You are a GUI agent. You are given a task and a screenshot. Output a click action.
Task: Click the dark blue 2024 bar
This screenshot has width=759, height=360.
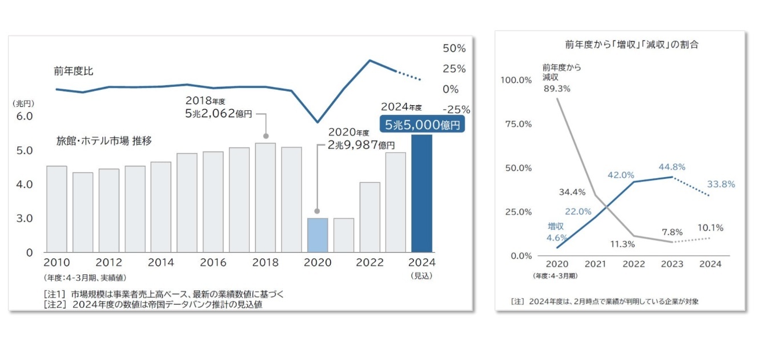tap(421, 193)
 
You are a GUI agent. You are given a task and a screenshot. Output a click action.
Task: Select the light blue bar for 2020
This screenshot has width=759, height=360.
tap(318, 235)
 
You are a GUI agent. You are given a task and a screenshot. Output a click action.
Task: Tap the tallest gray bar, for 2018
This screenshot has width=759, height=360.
tap(265, 197)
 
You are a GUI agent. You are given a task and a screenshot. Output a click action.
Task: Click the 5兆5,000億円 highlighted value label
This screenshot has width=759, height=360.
tap(421, 125)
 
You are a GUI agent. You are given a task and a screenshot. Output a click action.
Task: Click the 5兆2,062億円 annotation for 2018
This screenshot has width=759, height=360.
tap(219, 113)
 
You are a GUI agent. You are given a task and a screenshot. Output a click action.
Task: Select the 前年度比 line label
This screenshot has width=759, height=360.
tap(74, 71)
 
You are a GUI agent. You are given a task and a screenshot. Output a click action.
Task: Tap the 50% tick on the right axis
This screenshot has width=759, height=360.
tap(455, 48)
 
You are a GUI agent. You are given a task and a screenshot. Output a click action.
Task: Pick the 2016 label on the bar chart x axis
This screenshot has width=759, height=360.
tap(213, 263)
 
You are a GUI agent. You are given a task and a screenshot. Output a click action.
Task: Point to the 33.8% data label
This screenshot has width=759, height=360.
tap(721, 184)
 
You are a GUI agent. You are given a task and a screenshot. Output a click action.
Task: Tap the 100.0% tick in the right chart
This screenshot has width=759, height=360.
tap(516, 79)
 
